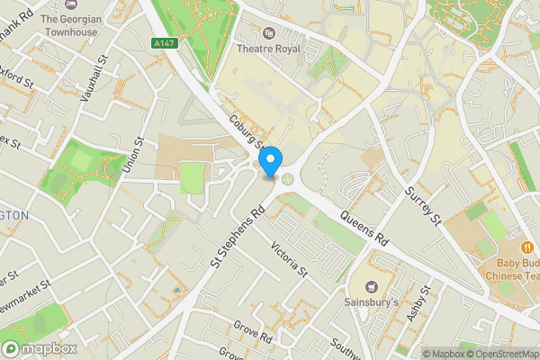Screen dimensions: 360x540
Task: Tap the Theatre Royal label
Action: [267, 49]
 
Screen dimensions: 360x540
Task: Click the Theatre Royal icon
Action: [267, 33]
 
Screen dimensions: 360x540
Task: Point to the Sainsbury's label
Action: [371, 302]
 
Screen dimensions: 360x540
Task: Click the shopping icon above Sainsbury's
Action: [371, 287]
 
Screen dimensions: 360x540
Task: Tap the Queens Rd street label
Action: [364, 229]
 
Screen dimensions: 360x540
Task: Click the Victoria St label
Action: [290, 258]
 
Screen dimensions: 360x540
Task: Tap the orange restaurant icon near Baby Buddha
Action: [526, 248]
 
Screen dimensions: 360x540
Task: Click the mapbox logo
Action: [40, 348]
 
